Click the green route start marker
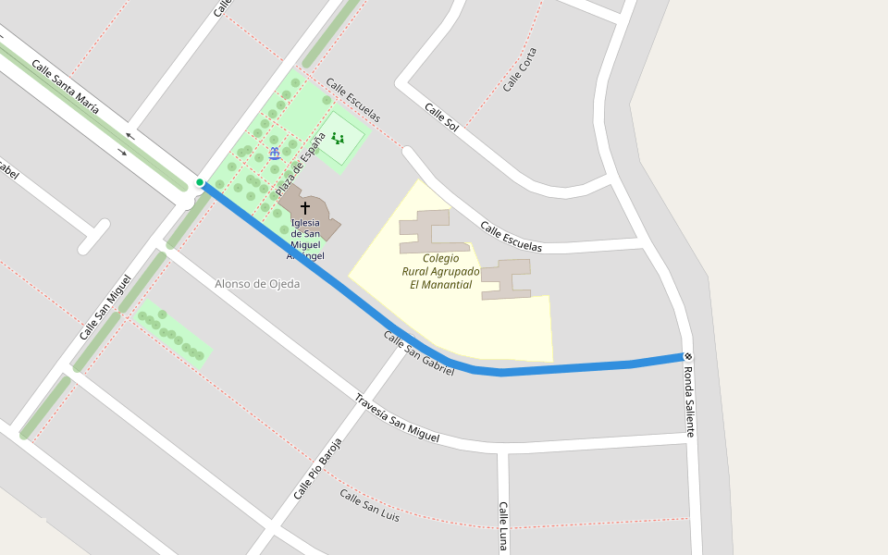(x=200, y=182)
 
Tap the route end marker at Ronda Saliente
(x=688, y=356)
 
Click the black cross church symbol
(x=305, y=208)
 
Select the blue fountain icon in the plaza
(x=275, y=153)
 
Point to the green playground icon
(x=338, y=139)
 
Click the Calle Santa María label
(x=65, y=86)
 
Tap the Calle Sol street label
(x=441, y=117)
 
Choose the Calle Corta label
(x=520, y=69)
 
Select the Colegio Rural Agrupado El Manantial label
(x=440, y=272)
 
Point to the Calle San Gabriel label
(x=419, y=353)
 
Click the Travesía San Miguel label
(x=397, y=417)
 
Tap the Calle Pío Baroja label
(x=318, y=468)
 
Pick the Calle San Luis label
(x=369, y=506)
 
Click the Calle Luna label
(x=503, y=526)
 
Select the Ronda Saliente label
(x=688, y=401)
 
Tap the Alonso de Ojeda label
(x=257, y=284)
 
